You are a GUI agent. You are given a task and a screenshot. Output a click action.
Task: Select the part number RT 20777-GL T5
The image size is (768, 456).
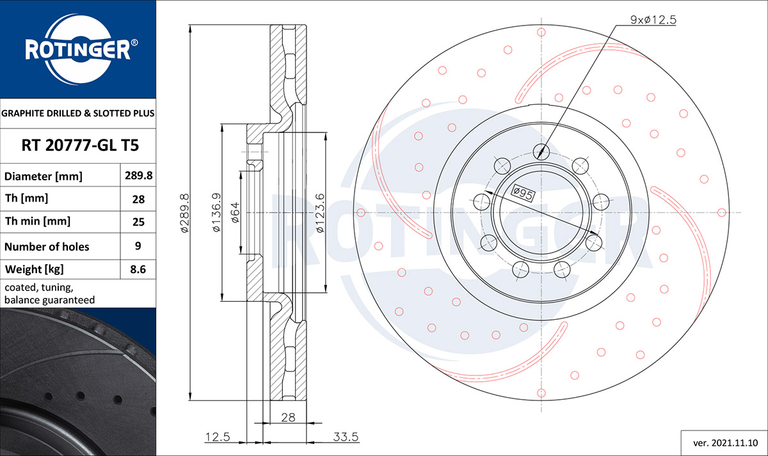[80, 145]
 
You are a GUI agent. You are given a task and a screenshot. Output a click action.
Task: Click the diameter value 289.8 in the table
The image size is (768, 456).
[138, 175]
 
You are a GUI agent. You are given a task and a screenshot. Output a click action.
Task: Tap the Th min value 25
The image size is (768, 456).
[138, 222]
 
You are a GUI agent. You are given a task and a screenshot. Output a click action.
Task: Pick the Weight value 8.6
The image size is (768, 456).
[138, 269]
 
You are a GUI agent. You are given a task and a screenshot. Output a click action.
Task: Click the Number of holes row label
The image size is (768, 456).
[47, 247]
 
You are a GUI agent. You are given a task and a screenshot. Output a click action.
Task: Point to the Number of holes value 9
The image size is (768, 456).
[138, 246]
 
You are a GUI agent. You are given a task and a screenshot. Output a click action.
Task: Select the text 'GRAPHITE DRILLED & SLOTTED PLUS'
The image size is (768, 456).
[78, 113]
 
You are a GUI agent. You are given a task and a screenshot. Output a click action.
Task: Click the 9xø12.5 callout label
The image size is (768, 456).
[653, 20]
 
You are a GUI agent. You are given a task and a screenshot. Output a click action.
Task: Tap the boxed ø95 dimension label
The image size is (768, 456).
[522, 193]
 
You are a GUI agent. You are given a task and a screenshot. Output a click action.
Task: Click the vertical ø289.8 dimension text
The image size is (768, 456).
[184, 213]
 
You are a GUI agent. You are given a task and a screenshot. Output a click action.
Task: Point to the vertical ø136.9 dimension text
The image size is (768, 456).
[217, 212]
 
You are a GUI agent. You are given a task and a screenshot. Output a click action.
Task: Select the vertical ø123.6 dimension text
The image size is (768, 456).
[320, 213]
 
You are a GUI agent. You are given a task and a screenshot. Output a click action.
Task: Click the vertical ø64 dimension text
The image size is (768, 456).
[236, 213]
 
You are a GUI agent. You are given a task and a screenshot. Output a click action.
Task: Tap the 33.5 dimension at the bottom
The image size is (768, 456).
[346, 437]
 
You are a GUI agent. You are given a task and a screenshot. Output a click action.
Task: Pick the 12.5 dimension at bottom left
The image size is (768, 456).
[218, 437]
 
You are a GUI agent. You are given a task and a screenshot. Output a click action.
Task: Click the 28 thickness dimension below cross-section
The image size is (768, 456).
[288, 417]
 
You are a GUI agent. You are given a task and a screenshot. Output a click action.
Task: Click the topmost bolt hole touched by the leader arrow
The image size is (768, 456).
[541, 152]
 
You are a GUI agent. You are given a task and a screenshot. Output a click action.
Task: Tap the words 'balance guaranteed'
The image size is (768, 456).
[49, 300]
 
